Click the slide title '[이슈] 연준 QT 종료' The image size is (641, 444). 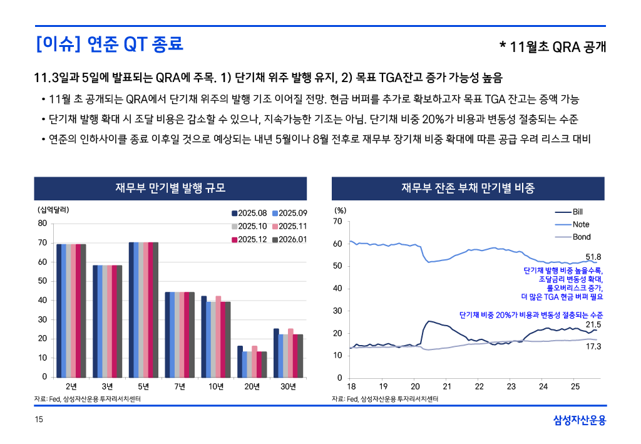110,44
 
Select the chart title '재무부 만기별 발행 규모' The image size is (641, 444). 170,188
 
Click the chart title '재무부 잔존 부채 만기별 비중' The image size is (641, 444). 468,188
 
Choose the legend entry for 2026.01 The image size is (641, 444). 289,239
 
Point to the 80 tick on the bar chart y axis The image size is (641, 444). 42,223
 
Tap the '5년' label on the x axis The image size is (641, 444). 143,386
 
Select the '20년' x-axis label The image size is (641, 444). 252,386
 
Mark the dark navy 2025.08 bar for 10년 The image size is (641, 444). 204,336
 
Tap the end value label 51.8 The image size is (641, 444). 593,257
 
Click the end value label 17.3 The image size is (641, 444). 593,346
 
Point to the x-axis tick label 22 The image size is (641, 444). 479,386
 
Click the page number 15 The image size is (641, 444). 38,420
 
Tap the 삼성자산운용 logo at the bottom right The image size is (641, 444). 580,420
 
